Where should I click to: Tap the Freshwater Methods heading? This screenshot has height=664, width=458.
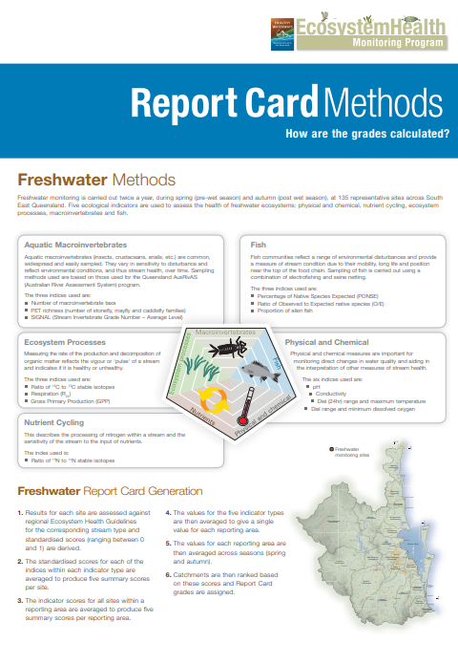coord(96,180)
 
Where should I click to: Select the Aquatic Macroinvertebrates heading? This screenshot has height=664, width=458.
coord(76,245)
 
